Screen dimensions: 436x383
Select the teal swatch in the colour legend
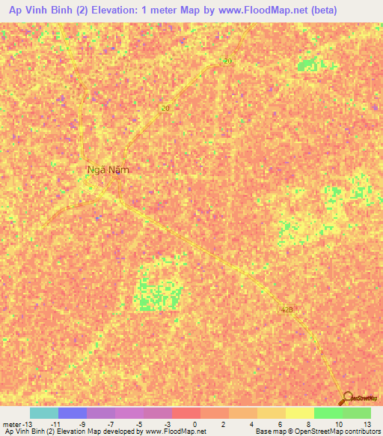coord(44,413)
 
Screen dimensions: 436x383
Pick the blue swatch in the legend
coord(73,413)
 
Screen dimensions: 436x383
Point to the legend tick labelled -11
coord(55,424)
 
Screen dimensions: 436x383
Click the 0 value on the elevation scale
coord(194,424)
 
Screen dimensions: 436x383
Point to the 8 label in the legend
coord(308,424)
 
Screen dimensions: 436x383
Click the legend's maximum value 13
coord(367,424)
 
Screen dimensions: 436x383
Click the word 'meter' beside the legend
coord(13,424)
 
